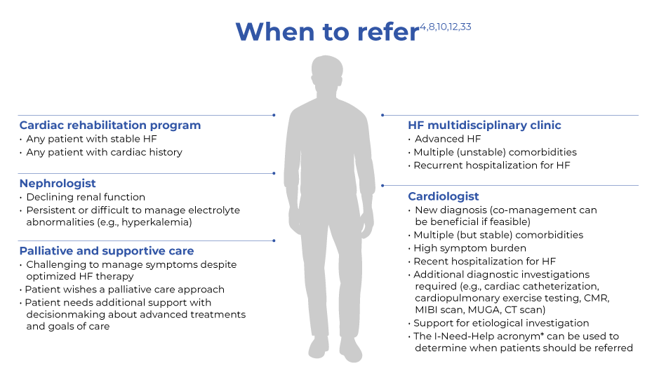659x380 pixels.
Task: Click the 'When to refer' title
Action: point(328,32)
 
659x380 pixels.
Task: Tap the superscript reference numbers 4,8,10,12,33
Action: point(446,27)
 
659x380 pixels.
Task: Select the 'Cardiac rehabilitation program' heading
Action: point(110,125)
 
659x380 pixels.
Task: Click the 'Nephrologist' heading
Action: point(58,184)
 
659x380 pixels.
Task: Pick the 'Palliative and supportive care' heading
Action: point(107,251)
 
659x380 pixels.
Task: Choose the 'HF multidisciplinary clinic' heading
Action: point(484,125)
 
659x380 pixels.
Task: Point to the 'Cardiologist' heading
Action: point(444,196)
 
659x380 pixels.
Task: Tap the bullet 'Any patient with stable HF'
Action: point(92,139)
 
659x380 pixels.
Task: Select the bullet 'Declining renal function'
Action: point(86,197)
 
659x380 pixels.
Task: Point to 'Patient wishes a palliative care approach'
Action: point(125,290)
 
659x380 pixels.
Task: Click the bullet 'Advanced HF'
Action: point(448,139)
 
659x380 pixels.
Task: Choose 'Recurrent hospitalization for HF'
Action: point(492,165)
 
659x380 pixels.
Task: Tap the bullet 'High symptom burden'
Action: point(470,248)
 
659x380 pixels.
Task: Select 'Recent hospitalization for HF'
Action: point(484,262)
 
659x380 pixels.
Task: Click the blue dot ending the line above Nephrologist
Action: point(274,173)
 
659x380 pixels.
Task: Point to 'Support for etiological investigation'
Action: point(501,323)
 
